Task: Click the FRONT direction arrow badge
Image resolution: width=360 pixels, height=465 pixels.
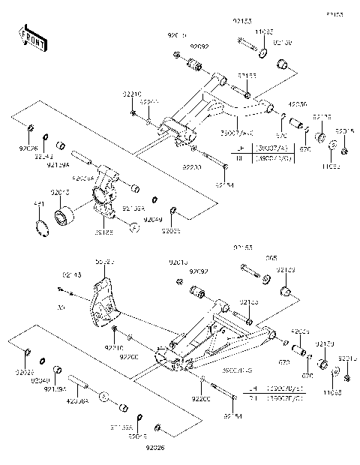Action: pyautogui.click(x=29, y=39)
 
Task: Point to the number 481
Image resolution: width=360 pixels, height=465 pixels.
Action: pyautogui.click(x=39, y=204)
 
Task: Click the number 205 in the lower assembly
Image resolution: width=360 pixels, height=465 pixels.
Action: pyautogui.click(x=271, y=258)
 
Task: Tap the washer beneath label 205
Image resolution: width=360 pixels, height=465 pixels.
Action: pyautogui.click(x=265, y=279)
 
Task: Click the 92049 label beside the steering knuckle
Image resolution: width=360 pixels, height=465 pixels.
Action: pyautogui.click(x=152, y=219)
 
